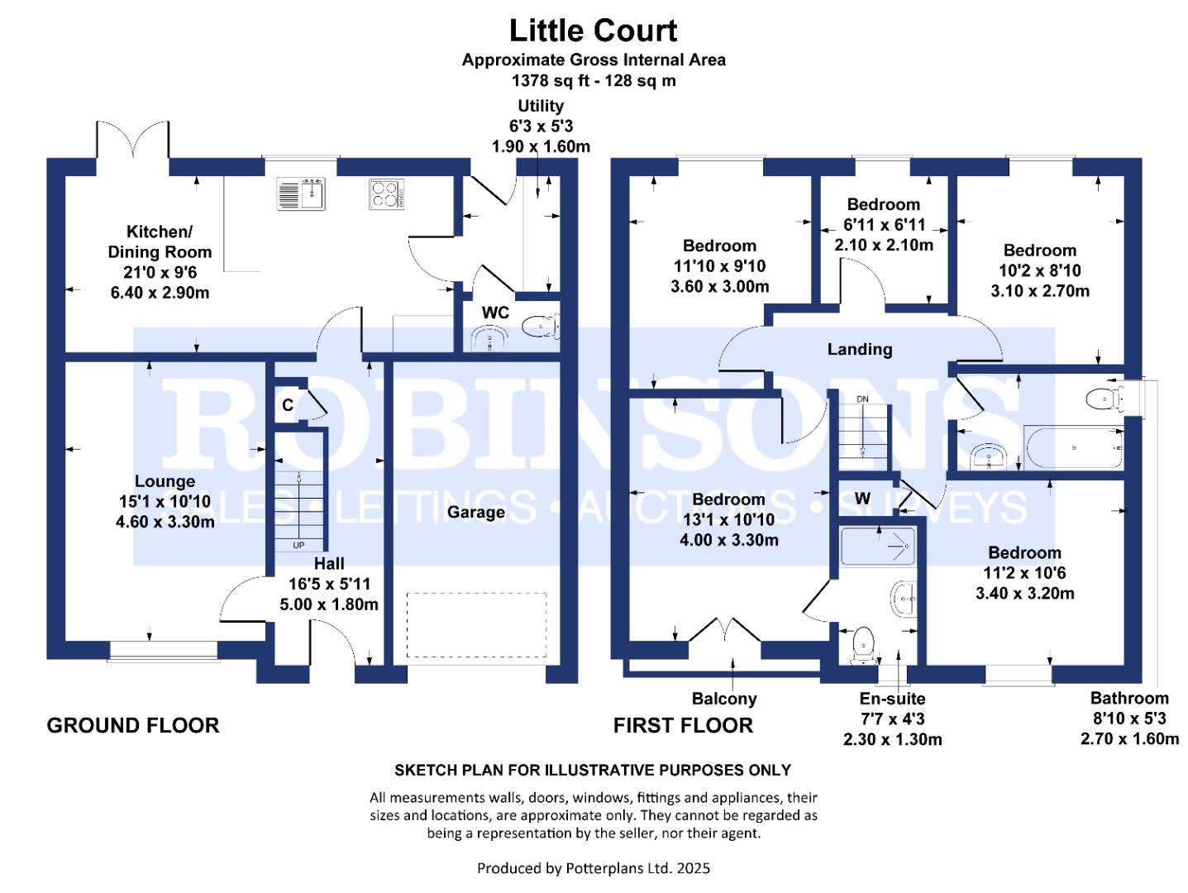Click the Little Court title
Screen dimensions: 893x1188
593,31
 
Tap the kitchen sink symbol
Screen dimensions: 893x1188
302,194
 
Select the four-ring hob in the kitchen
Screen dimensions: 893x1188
385,194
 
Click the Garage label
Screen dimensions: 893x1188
475,513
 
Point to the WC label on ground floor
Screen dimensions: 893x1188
495,313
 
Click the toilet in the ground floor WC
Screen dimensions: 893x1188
541,327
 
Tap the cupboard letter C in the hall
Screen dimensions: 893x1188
288,405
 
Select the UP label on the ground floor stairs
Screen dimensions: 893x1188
298,545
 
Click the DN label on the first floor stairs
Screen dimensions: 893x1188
862,399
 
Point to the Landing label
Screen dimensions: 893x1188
860,350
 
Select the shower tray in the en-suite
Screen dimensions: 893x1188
877,547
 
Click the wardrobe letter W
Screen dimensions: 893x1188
862,499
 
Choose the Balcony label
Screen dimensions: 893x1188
724,699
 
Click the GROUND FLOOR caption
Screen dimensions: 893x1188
133,726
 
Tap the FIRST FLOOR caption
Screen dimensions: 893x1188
683,726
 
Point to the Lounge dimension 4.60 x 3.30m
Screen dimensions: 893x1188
165,522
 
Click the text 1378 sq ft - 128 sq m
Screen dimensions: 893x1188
594,81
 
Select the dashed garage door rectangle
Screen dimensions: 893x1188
476,625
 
